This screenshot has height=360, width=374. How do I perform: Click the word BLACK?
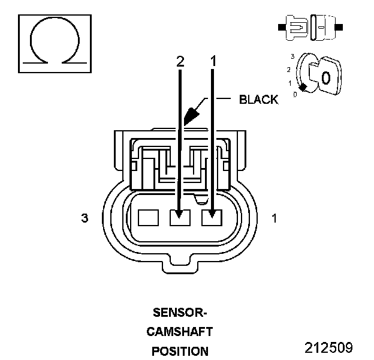point(258,100)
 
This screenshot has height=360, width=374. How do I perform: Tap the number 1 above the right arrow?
point(212,61)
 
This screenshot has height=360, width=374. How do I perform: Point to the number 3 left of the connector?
point(85,218)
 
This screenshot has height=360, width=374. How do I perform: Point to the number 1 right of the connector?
point(275,218)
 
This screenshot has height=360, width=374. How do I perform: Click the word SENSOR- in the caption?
point(180,313)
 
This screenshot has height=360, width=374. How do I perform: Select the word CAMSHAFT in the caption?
point(180,331)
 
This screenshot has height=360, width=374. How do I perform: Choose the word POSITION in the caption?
point(180,351)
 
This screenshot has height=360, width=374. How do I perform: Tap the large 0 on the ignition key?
point(325,77)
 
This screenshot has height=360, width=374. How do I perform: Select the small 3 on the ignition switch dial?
point(292,56)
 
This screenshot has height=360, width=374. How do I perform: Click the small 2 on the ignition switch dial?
point(288,70)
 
